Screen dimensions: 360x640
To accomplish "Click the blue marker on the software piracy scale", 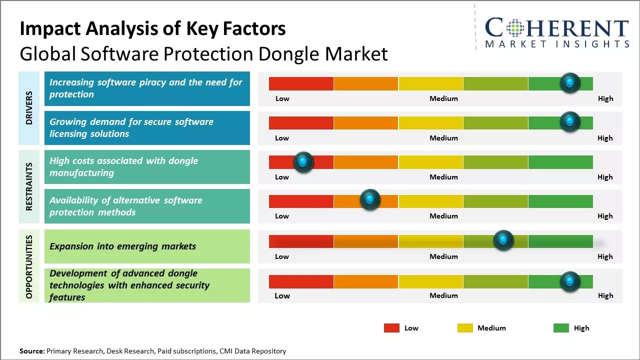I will pos(570,83).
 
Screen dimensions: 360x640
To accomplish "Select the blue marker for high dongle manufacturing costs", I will pos(303,162).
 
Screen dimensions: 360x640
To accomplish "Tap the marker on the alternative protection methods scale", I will pos(370,200).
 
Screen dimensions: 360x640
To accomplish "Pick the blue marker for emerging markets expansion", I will pos(503,240).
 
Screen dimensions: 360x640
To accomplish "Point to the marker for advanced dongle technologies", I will pos(570,282).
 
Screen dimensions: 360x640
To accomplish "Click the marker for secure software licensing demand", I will pos(570,122).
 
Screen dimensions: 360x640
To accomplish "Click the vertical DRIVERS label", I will pos(29,107).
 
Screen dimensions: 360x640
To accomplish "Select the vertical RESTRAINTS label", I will pos(29,186).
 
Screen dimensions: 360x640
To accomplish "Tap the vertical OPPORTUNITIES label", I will pos(29,266).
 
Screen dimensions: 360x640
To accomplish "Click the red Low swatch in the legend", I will pos(391,328).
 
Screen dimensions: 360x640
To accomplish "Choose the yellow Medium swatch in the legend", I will pos(465,328).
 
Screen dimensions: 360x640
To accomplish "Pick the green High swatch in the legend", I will pos(561,328).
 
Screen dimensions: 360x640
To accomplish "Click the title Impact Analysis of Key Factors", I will pos(152,29).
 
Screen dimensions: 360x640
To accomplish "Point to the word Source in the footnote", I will pos(31,351).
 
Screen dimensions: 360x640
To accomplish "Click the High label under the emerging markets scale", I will pos(605,256).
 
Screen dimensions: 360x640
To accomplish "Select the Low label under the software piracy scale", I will pos(282,98).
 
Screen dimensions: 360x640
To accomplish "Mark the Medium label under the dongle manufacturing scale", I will pos(443,177).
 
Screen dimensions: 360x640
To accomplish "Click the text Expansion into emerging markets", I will pos(123,246).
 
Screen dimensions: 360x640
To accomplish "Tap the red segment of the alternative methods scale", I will pos(301,201).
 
